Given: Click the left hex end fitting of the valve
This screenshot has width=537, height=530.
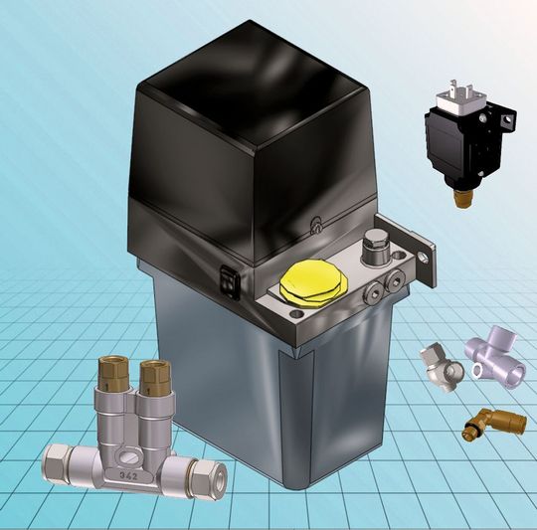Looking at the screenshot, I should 58,462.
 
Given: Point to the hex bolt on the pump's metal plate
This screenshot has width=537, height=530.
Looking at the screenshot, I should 375,243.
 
